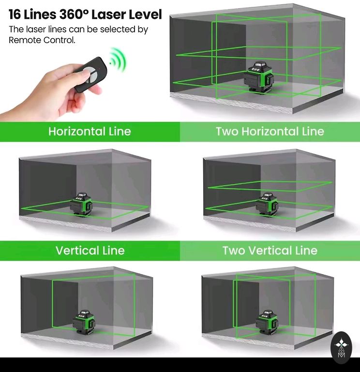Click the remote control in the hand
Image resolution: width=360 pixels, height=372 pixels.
(91, 74)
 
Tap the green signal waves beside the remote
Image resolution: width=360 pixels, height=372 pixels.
(118, 60)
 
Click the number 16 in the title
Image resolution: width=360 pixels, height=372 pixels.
(15, 15)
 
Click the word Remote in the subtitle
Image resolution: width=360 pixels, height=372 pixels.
(25, 40)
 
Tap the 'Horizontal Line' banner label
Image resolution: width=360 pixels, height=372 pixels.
(90, 131)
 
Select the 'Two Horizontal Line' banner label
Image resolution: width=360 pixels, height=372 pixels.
(270, 131)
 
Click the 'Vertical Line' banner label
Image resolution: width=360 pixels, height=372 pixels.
(90, 250)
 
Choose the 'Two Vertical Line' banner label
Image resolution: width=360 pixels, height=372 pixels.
(270, 250)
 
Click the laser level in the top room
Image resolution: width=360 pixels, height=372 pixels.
(258, 77)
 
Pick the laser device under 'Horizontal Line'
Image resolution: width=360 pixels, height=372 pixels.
(81, 204)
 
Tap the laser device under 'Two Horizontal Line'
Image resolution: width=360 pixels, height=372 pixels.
(267, 204)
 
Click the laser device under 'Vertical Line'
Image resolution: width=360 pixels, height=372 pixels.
(84, 322)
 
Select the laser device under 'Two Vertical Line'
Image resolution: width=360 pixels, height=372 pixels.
(267, 322)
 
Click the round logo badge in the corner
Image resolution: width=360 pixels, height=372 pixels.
(341, 348)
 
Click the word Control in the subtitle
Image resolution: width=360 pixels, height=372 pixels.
(59, 40)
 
